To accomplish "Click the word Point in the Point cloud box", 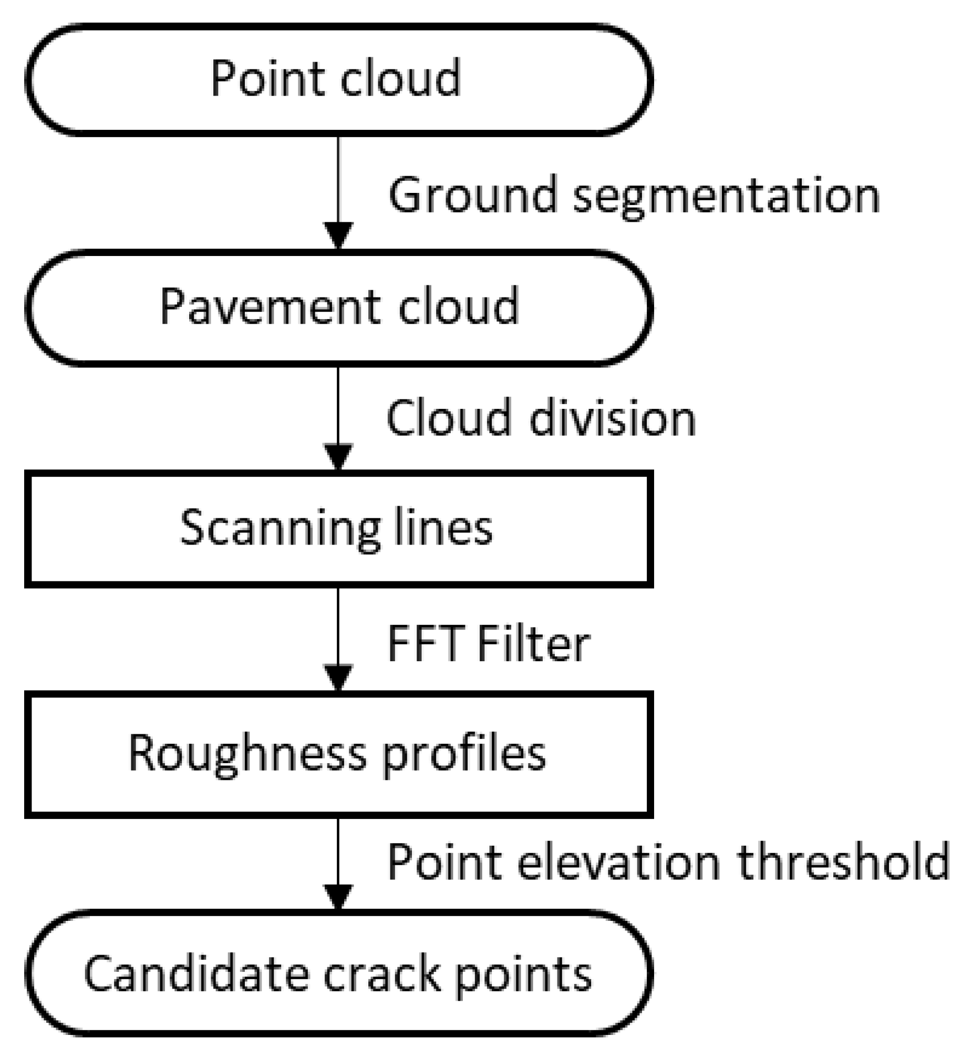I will pos(269,79).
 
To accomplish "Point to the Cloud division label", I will pos(541,419).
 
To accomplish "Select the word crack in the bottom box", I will pos(381,975).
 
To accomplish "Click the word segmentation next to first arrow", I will pos(726,196).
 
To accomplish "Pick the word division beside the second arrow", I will pos(612,419).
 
